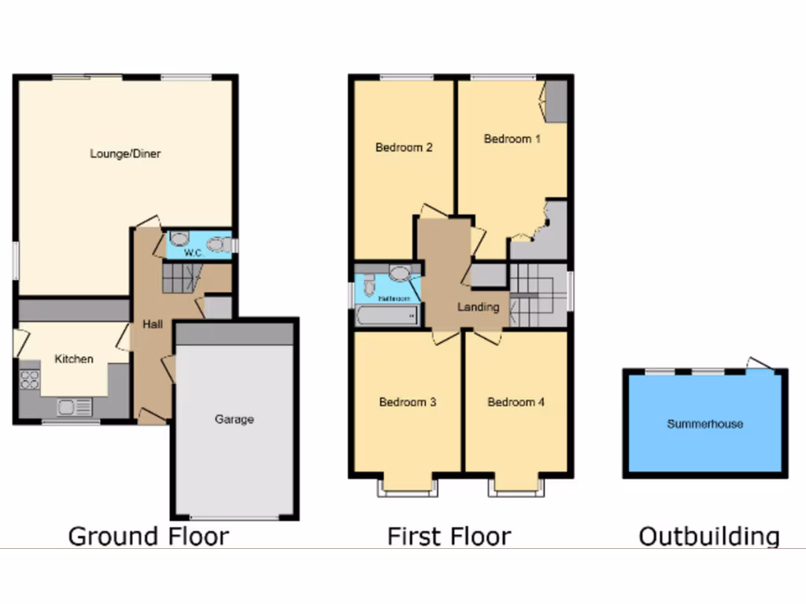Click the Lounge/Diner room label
pos(125,153)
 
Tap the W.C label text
pos(193,253)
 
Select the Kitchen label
pos(74,359)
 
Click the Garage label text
pos(235,419)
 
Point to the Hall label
pos(152,323)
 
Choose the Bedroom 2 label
pos(404,147)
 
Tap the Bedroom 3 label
pos(408,402)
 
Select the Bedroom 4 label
pos(516,402)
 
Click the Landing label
pos(479,307)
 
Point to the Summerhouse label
pos(705,424)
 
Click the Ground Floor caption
pos(149,536)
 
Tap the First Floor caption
pos(449,536)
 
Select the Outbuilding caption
pos(709,536)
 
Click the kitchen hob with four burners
pos(30,380)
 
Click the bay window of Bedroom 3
pos(408,488)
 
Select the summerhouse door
pos(760,363)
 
